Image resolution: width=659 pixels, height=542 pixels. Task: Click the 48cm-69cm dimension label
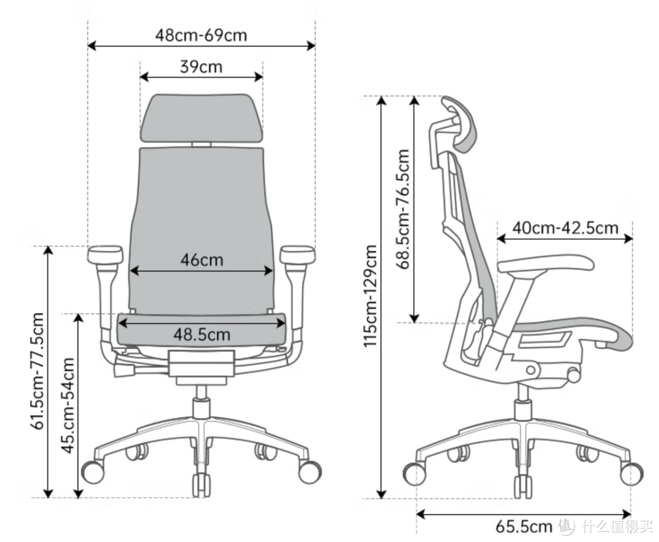click(x=201, y=35)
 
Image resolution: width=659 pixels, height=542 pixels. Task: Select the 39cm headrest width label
click(x=201, y=67)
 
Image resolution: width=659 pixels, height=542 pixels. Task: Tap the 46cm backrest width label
click(x=202, y=259)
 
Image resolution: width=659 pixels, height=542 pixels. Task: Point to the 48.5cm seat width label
click(x=202, y=334)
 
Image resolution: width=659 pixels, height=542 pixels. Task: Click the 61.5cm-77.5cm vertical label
click(x=37, y=371)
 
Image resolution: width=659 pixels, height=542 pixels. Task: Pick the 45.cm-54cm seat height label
click(x=68, y=405)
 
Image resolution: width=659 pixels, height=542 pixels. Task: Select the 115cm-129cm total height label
click(x=370, y=296)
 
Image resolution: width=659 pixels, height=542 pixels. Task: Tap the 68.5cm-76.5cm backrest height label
click(x=403, y=209)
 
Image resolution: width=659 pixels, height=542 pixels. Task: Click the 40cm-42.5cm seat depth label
click(x=565, y=228)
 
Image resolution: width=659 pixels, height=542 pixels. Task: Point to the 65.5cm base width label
click(x=524, y=526)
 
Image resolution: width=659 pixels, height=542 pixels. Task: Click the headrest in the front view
click(x=202, y=118)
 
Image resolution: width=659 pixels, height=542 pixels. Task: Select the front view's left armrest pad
click(x=105, y=254)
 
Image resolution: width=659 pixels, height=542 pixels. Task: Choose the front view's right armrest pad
click(x=298, y=254)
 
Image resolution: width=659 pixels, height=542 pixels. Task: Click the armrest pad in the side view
click(x=546, y=264)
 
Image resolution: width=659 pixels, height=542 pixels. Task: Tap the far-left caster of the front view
click(x=93, y=471)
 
